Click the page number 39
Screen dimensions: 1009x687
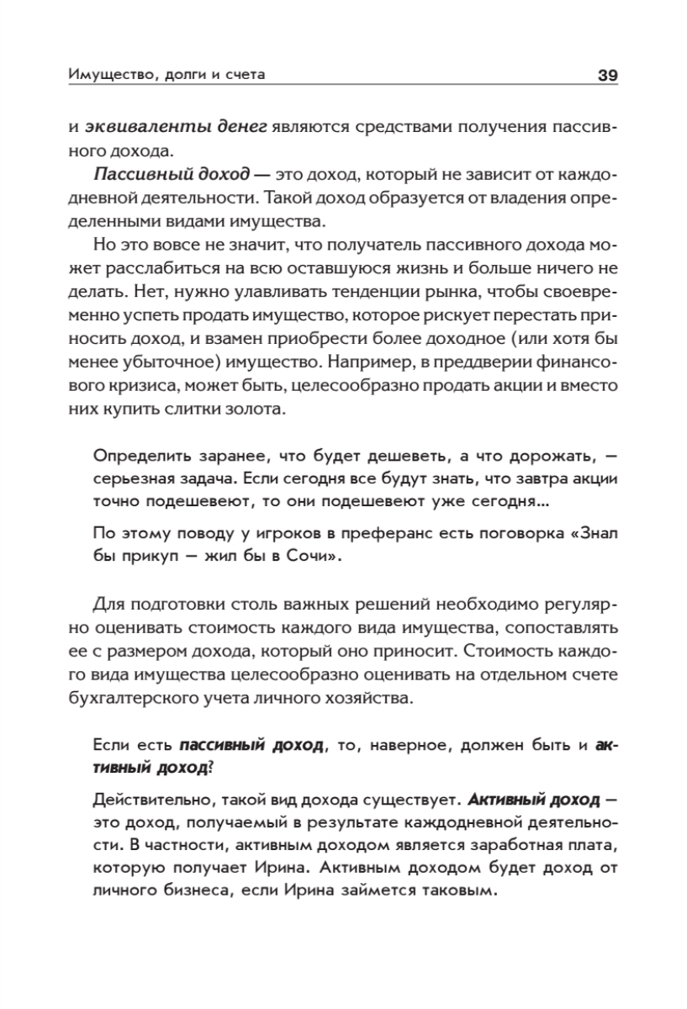(x=607, y=76)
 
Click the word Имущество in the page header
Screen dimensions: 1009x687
(x=103, y=76)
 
